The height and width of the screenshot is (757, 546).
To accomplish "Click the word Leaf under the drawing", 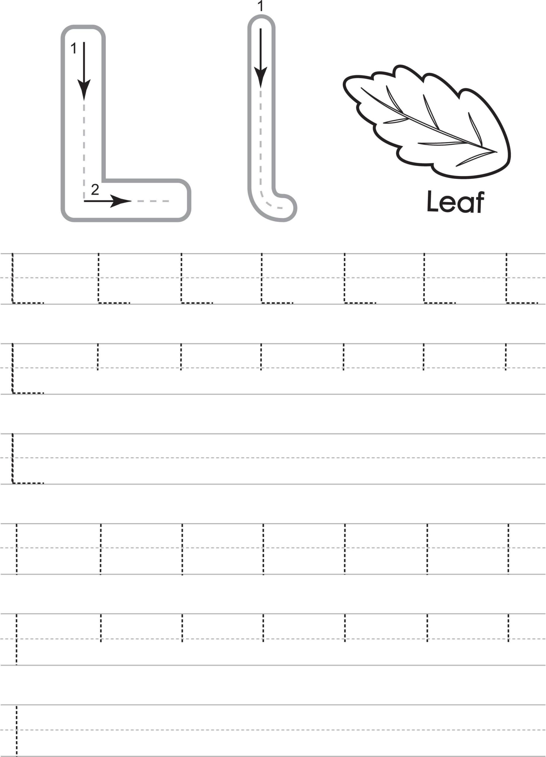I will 455,202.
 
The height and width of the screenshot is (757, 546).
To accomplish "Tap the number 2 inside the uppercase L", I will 95,190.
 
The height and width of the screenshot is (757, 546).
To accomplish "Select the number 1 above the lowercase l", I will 261,6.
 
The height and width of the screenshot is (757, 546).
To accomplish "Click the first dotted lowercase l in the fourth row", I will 17,549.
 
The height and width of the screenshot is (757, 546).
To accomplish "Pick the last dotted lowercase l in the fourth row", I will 508,549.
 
